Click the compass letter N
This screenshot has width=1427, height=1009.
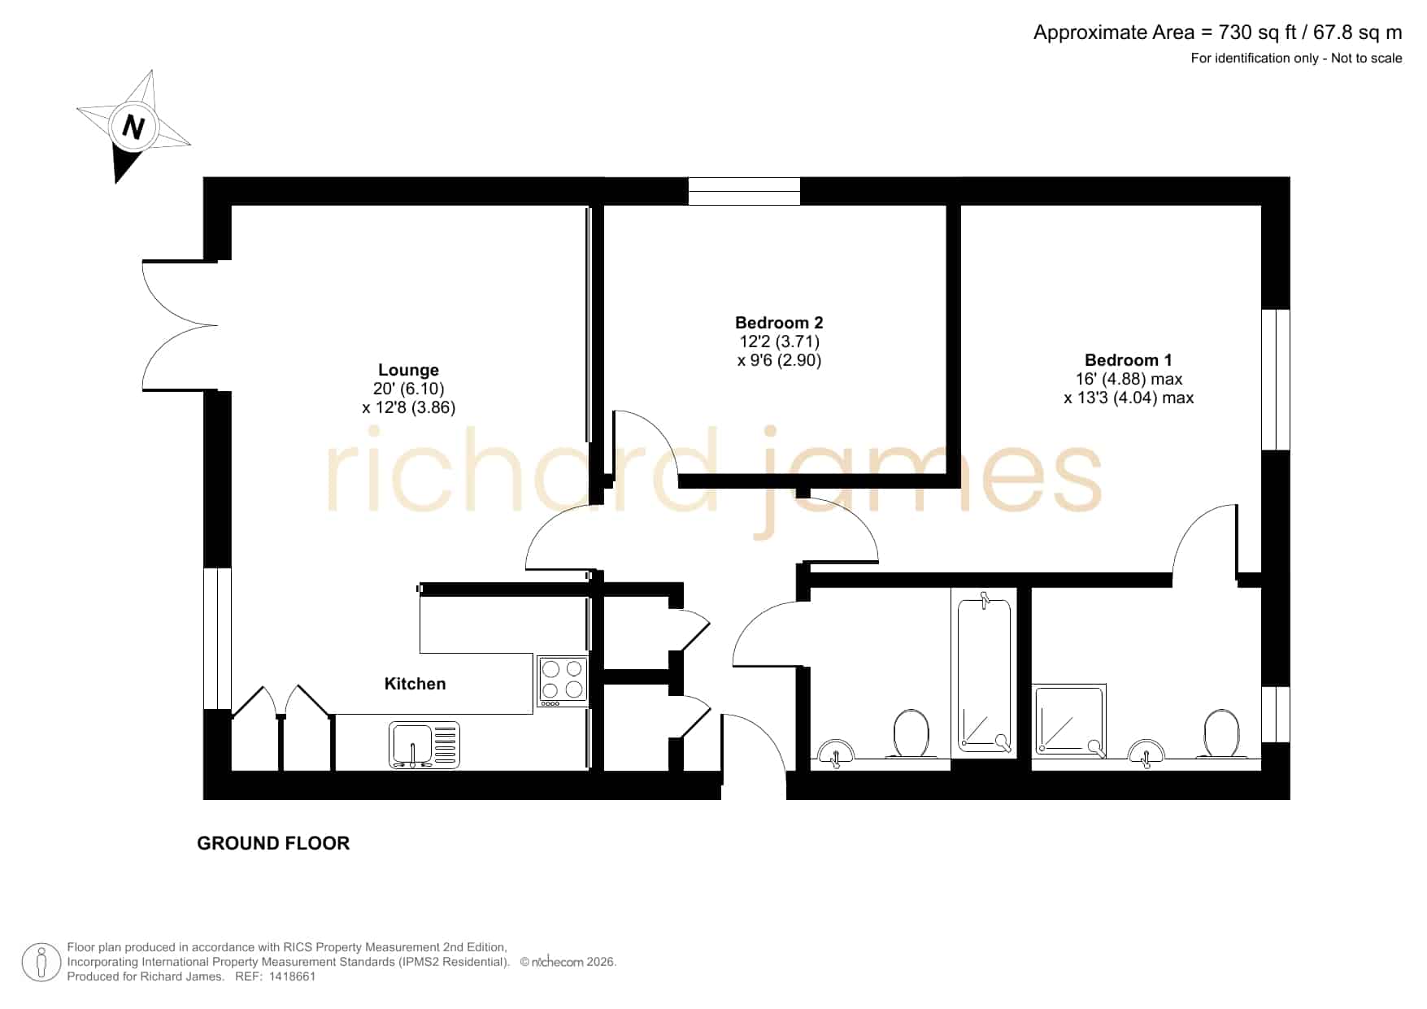tap(133, 127)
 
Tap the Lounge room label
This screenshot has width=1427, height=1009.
tap(408, 370)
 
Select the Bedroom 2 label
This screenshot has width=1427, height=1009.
tap(779, 323)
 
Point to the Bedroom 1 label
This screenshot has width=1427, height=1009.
tap(1129, 360)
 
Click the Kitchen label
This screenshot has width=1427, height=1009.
tap(415, 684)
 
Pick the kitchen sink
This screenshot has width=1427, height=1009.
tap(424, 745)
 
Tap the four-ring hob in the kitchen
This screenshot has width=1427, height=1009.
tap(562, 681)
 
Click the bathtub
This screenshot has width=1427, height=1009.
tap(984, 673)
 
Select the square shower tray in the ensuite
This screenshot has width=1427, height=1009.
tap(1069, 720)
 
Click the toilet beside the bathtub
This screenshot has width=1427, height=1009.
tap(911, 733)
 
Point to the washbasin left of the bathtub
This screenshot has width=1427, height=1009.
tap(834, 752)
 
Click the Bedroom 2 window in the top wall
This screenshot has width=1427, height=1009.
tap(744, 191)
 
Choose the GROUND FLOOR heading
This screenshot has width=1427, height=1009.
tap(273, 843)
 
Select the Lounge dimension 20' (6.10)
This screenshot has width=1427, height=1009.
tap(408, 389)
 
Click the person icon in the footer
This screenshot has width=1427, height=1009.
tap(41, 963)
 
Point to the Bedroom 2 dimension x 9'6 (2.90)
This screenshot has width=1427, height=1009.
tap(779, 360)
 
